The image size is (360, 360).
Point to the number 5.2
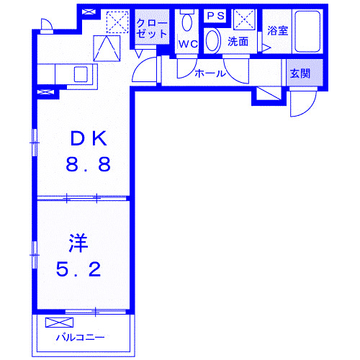[x=79, y=270]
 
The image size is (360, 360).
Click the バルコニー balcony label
[x=81, y=337]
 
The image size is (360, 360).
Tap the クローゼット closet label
[x=151, y=28]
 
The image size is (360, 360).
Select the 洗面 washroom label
[x=238, y=42]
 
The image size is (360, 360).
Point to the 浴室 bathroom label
[x=277, y=30]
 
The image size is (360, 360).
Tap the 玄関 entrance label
[x=300, y=73]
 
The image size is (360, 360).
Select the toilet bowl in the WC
[x=187, y=22]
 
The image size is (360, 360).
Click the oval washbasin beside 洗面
[x=214, y=40]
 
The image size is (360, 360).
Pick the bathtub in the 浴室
[x=305, y=32]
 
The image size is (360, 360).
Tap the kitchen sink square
[x=80, y=73]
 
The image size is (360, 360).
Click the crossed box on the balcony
[x=55, y=322]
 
